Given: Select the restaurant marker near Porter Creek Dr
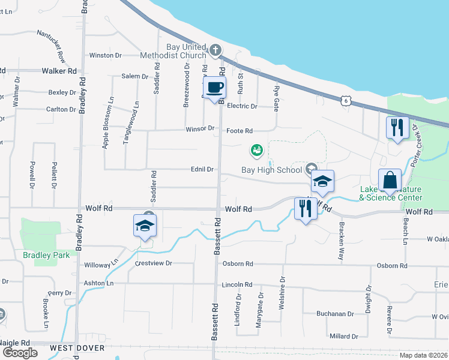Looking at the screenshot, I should pyautogui.click(x=397, y=127).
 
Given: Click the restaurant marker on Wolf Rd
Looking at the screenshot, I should pyautogui.click(x=305, y=209).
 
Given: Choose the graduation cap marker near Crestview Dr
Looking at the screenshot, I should pyautogui.click(x=145, y=226).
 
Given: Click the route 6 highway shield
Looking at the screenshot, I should pyautogui.click(x=345, y=101).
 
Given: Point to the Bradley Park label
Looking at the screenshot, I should pyautogui.click(x=46, y=254).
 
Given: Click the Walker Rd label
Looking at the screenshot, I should pyautogui.click(x=59, y=71).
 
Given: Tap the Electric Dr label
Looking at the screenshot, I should pyautogui.click(x=242, y=106).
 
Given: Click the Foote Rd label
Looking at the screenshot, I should pyautogui.click(x=240, y=131).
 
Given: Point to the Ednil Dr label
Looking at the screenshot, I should pyautogui.click(x=202, y=170).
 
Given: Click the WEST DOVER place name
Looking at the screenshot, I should pyautogui.click(x=77, y=348).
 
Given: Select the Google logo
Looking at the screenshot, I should pyautogui.click(x=20, y=352).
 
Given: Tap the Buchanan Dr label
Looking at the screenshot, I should pyautogui.click(x=336, y=314).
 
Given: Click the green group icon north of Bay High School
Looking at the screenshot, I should pyautogui.click(x=257, y=149).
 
